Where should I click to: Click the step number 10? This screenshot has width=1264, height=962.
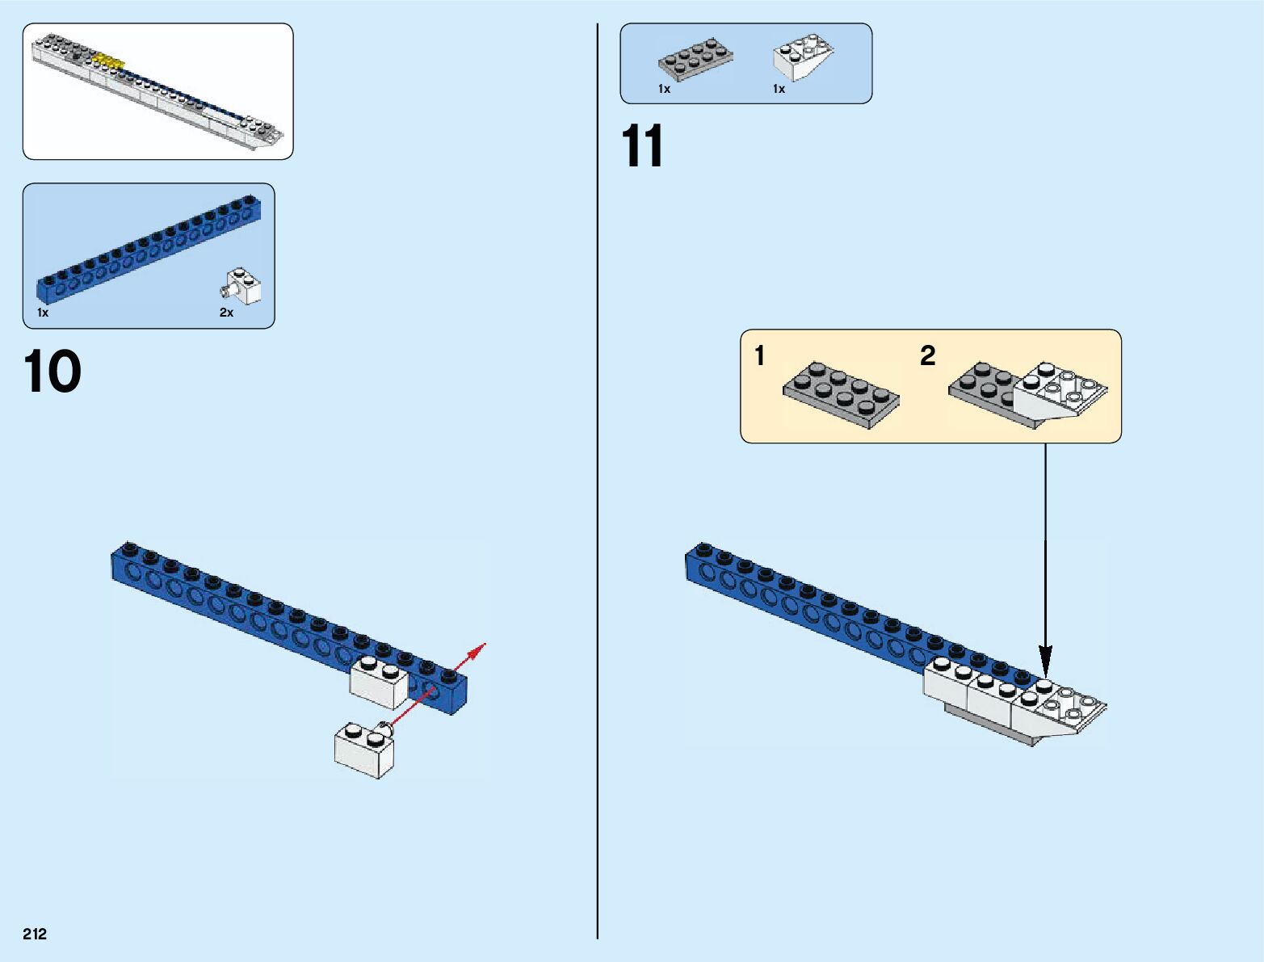point(52,372)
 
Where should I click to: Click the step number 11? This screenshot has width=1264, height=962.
point(642,146)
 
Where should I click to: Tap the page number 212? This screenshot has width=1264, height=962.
point(35,934)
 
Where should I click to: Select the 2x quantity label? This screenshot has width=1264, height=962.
point(226,313)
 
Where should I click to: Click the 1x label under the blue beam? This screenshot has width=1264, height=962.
point(43,313)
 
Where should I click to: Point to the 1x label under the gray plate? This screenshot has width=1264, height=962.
point(664,89)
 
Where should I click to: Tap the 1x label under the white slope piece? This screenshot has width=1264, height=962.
point(779,89)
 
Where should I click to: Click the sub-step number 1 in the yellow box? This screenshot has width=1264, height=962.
point(759,355)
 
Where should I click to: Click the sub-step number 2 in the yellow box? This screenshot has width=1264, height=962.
point(927,355)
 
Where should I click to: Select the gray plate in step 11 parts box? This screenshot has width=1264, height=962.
point(695,58)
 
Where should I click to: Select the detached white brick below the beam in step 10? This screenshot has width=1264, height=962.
point(363,750)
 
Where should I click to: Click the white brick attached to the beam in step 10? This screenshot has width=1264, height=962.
point(379,683)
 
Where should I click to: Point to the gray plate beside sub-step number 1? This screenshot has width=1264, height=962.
point(841,393)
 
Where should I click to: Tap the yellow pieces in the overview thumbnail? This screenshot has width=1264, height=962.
point(108,60)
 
